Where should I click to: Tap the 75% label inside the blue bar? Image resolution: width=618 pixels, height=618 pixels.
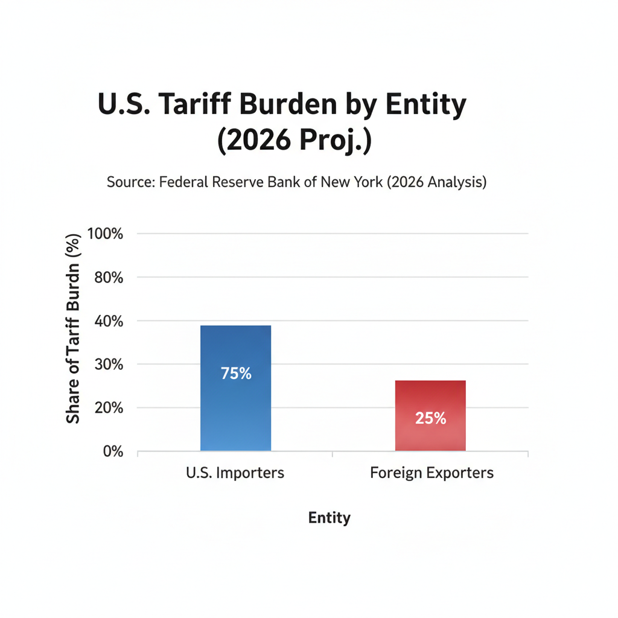tap(236, 374)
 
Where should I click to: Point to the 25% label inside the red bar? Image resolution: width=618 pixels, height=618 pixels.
tap(430, 418)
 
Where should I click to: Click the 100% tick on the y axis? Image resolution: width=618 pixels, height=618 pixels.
tap(106, 234)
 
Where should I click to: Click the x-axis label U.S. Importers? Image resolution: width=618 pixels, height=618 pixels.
tap(235, 473)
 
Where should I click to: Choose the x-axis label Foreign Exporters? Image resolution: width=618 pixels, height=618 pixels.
tap(432, 473)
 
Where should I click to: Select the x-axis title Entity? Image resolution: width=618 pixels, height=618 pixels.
tap(330, 518)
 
